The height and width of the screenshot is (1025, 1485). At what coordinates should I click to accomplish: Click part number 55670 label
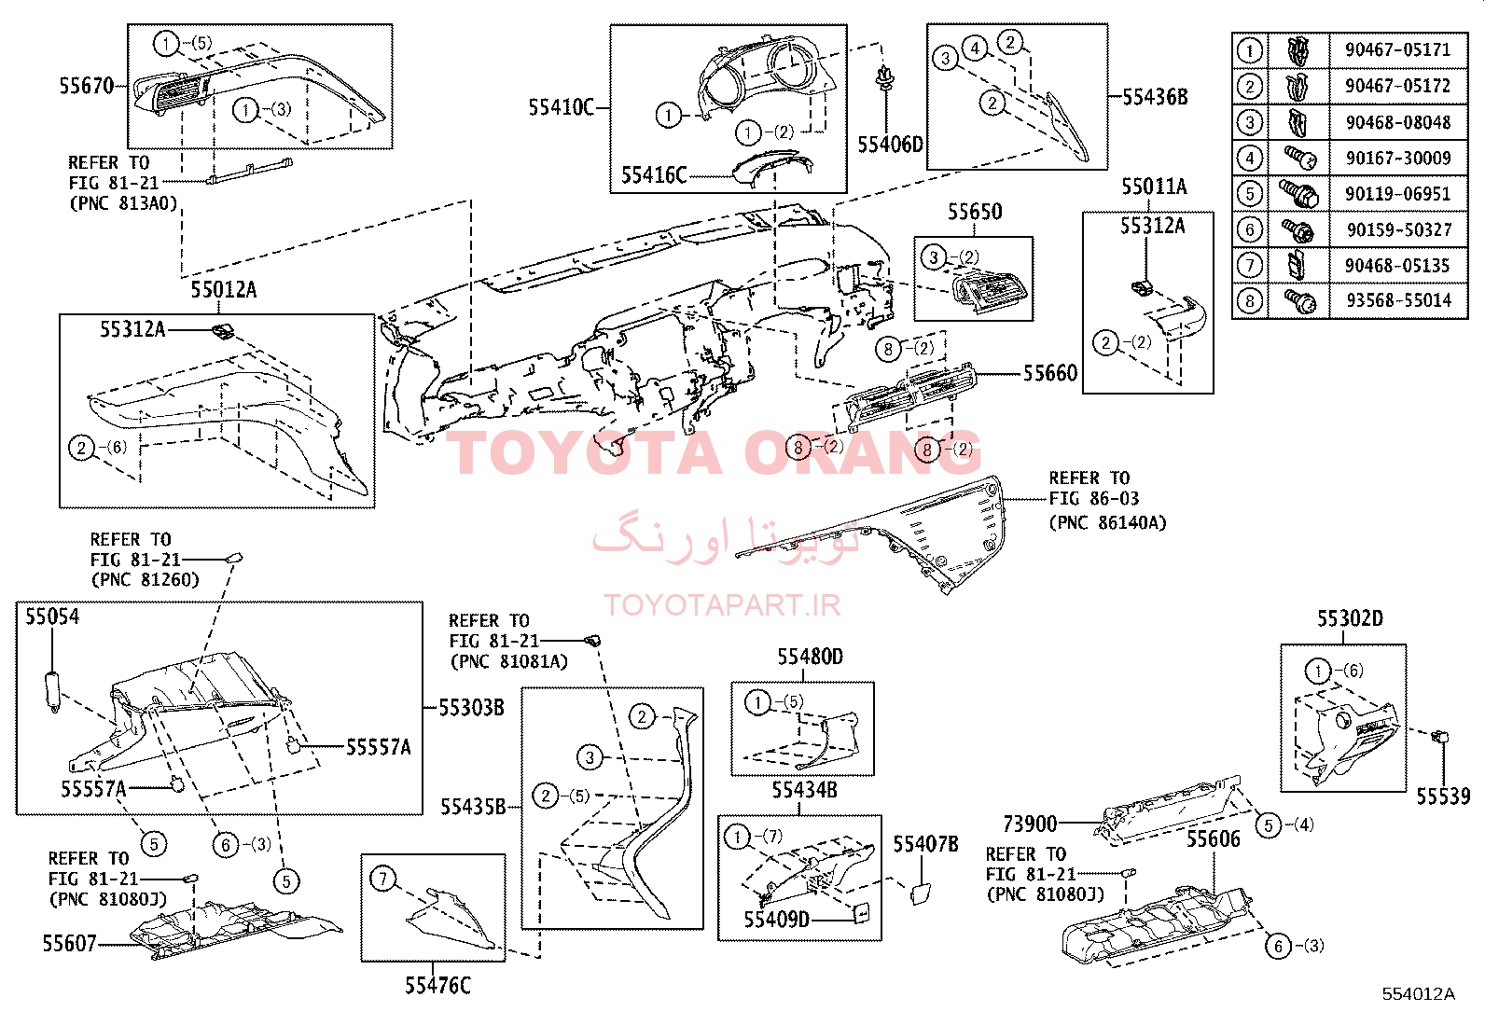(86, 86)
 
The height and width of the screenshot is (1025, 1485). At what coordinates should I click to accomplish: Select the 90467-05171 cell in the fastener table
(1397, 50)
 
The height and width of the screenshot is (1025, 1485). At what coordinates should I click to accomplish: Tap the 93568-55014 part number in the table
(1399, 301)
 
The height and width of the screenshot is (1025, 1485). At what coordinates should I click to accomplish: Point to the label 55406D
(890, 145)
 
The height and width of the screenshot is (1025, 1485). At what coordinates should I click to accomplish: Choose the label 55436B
(1155, 97)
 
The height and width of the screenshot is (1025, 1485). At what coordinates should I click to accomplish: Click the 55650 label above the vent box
(975, 212)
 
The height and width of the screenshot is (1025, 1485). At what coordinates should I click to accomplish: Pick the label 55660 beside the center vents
(1050, 373)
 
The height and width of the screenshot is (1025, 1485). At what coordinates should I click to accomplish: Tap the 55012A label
(224, 290)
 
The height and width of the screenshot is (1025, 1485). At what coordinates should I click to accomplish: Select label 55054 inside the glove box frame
(52, 616)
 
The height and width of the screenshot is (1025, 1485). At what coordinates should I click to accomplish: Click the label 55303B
(471, 708)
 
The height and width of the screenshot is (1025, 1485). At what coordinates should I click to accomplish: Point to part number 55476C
(437, 986)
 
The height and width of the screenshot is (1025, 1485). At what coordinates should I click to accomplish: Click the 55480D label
(810, 657)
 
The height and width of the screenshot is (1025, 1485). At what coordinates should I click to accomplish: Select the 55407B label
(925, 844)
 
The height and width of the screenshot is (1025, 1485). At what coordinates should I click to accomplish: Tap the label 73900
(1030, 824)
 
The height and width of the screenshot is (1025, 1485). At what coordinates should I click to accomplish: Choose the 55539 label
(1443, 796)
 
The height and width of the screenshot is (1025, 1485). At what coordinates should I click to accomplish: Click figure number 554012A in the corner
(1418, 994)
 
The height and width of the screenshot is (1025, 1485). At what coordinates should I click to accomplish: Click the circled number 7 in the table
(1250, 266)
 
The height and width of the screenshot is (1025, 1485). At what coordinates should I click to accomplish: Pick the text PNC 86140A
(1112, 523)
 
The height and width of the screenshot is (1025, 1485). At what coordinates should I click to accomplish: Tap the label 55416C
(654, 175)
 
